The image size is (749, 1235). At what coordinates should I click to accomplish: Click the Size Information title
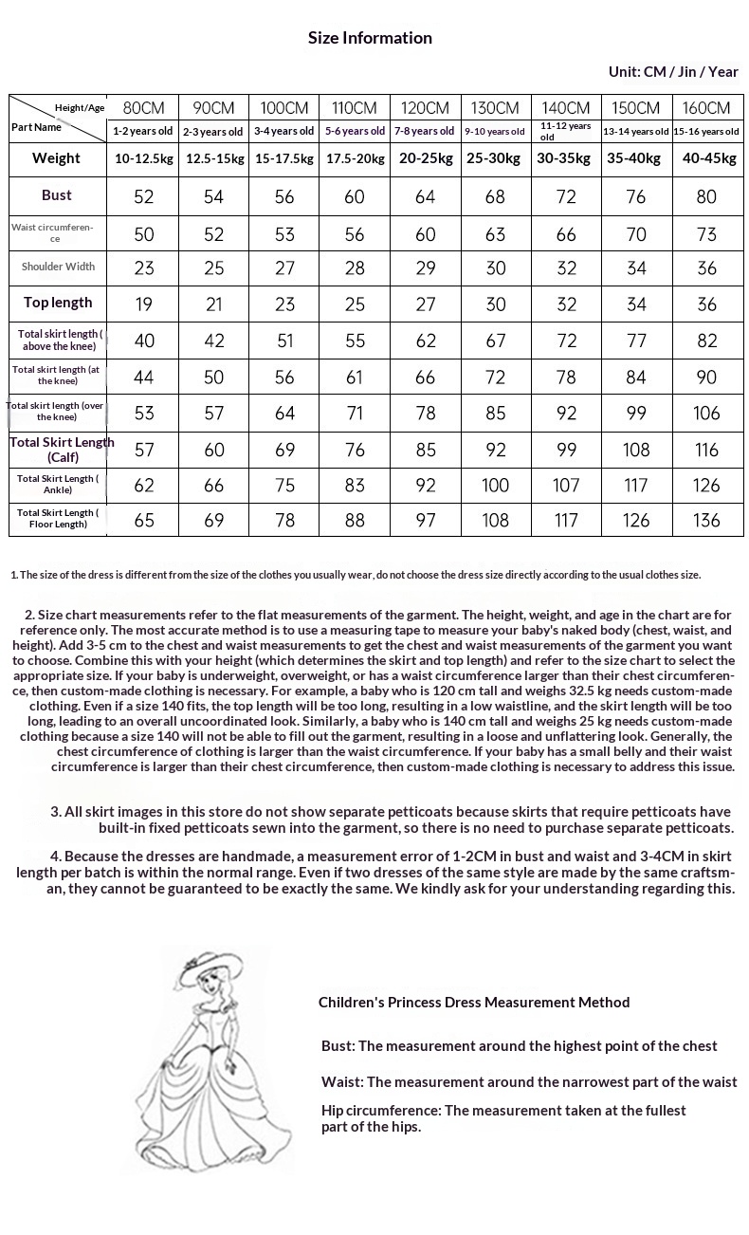[370, 38]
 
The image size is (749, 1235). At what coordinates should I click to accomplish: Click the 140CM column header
[566, 108]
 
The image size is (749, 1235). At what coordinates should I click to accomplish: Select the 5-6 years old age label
[355, 132]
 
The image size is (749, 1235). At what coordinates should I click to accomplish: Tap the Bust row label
[57, 195]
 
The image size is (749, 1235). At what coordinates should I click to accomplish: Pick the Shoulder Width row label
[58, 267]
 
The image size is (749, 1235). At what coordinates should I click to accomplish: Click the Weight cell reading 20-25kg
[426, 158]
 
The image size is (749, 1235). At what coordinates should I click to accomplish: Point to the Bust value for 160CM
[706, 196]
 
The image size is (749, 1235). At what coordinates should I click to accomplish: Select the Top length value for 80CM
[144, 304]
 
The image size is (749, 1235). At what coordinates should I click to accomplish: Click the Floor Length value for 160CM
[706, 520]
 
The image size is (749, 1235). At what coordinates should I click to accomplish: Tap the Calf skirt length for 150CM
[636, 450]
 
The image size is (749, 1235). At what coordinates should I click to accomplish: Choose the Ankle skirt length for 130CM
[495, 486]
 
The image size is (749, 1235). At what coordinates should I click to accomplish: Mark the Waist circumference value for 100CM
[284, 233]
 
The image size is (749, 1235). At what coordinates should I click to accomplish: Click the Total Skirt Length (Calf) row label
[62, 450]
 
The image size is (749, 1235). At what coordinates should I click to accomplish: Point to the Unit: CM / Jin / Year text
[673, 72]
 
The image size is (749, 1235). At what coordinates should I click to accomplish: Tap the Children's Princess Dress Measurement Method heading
[474, 1002]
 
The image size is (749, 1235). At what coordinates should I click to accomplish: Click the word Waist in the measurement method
[341, 1082]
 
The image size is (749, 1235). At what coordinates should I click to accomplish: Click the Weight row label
[57, 158]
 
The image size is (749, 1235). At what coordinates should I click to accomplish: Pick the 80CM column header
[144, 108]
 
